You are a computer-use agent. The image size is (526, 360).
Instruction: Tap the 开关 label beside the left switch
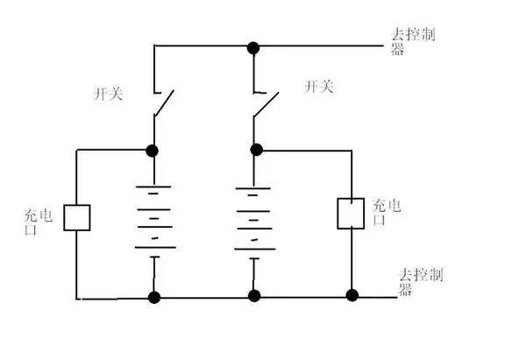108,92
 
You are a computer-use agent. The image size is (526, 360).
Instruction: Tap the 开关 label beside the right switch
318,87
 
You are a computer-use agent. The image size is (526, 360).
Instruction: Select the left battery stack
155,218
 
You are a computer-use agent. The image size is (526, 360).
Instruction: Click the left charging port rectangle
78,216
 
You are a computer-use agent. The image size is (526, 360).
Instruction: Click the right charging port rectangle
352,212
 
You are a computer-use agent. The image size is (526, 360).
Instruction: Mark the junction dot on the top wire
253,46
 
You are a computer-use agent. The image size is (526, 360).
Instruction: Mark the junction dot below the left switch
154,150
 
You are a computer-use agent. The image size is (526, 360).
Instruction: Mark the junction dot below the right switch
255,150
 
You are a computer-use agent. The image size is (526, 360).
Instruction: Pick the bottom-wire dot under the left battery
155,297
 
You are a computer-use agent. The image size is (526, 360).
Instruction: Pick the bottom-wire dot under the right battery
255,297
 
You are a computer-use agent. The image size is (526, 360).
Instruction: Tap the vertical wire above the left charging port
78,175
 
